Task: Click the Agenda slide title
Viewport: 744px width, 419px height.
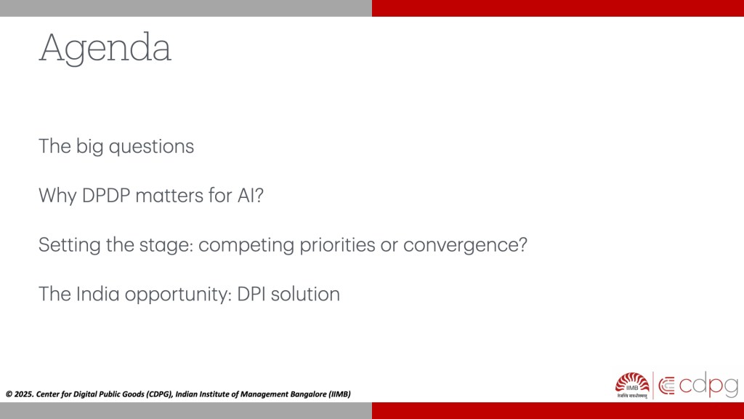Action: pyautogui.click(x=105, y=48)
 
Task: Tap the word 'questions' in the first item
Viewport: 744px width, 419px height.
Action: pyautogui.click(x=151, y=147)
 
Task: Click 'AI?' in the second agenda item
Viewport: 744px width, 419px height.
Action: pyautogui.click(x=251, y=195)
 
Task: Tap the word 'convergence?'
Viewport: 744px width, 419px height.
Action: pyautogui.click(x=466, y=245)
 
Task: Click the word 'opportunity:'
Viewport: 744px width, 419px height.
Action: pyautogui.click(x=179, y=295)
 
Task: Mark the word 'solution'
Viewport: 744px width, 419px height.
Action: pyautogui.click(x=306, y=294)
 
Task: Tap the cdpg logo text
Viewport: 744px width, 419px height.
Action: pyautogui.click(x=708, y=386)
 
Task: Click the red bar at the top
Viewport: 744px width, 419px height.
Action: pyautogui.click(x=558, y=8)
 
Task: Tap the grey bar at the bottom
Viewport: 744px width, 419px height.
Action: pyautogui.click(x=186, y=411)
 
